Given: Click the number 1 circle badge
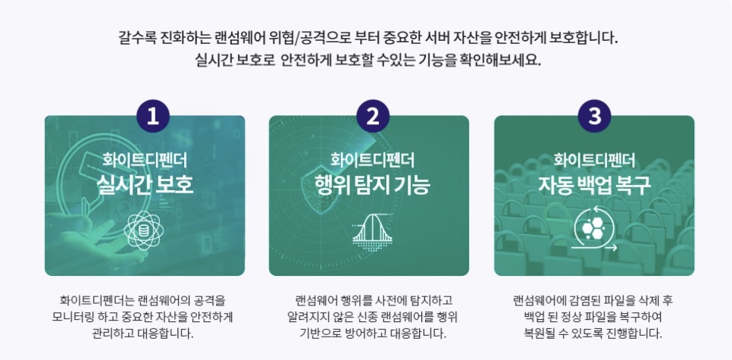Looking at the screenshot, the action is pyautogui.click(x=152, y=116).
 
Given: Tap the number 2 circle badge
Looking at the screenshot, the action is pyautogui.click(x=373, y=116).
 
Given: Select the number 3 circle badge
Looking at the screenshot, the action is pyautogui.click(x=595, y=116).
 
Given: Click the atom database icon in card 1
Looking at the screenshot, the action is pyautogui.click(x=144, y=230).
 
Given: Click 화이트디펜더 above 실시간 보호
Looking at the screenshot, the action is pyautogui.click(x=145, y=160).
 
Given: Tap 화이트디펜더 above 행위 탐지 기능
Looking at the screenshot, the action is pyautogui.click(x=372, y=160).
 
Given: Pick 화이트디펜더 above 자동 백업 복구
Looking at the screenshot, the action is pyautogui.click(x=594, y=160).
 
